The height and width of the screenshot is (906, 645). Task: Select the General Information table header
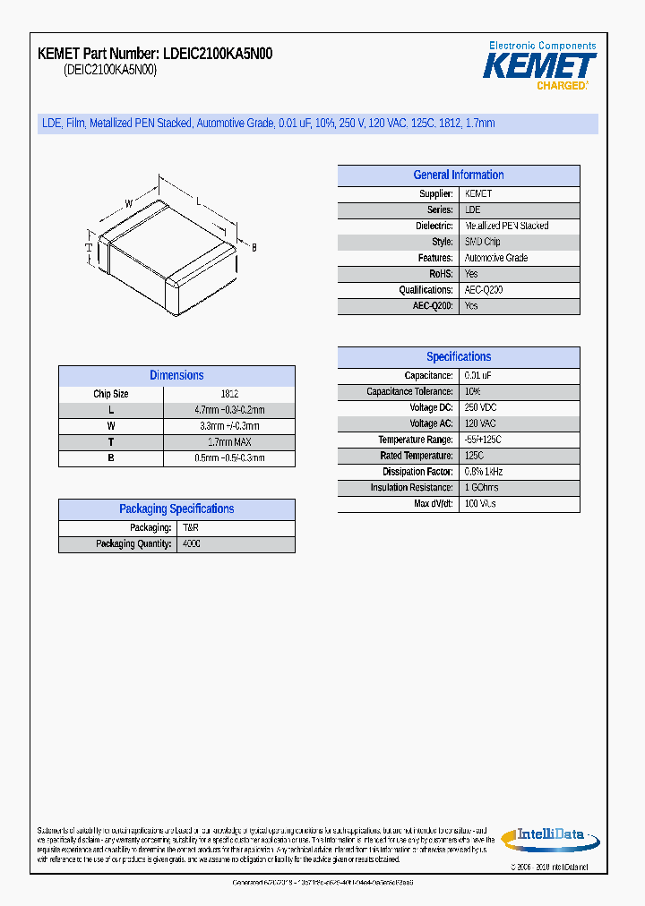pyautogui.click(x=459, y=175)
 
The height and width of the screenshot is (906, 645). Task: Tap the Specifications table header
pyautogui.click(x=459, y=357)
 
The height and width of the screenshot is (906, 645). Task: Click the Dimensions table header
pyautogui.click(x=176, y=376)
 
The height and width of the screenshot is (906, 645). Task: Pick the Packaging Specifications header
pyautogui.click(x=176, y=509)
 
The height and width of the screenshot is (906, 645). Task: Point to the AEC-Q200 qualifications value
pyautogui.click(x=484, y=290)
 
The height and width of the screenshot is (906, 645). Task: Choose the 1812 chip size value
pyautogui.click(x=229, y=394)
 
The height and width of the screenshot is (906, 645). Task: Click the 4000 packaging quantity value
pyautogui.click(x=192, y=544)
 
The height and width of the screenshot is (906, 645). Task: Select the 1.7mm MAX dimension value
pyautogui.click(x=229, y=442)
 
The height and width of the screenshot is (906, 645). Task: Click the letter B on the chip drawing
pyautogui.click(x=254, y=247)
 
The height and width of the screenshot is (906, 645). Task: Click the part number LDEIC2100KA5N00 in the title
pyautogui.click(x=218, y=54)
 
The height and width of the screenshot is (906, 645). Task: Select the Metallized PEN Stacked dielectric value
pyautogui.click(x=506, y=226)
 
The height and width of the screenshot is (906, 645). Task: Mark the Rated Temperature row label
pyautogui.click(x=417, y=457)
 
